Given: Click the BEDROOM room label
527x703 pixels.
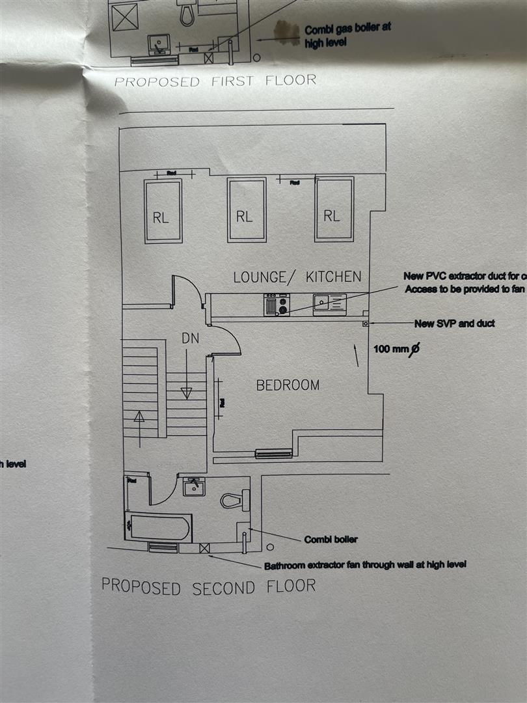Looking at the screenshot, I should click(288, 385).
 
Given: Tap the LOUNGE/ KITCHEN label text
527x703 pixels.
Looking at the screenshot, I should click(297, 277).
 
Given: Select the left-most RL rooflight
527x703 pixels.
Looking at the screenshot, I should click(163, 211).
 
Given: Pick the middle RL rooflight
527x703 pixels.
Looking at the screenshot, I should click(246, 210).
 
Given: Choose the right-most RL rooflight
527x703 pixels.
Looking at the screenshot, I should click(334, 208).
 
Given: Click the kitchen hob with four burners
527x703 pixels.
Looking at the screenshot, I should click(277, 305).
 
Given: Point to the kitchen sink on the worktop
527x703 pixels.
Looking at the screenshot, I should click(329, 303).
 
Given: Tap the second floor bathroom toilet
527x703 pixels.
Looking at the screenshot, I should click(235, 500).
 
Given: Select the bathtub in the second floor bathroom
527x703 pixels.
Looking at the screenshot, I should click(159, 527).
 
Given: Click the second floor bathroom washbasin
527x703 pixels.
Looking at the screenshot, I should click(194, 487).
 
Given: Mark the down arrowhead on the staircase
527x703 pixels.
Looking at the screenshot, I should click(187, 393).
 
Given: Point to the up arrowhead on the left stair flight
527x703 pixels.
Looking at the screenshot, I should click(139, 416).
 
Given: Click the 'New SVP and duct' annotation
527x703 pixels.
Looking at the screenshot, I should click(454, 324).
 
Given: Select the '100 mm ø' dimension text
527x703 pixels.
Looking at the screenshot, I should click(396, 350).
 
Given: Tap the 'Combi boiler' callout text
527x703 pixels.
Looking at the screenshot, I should click(331, 540).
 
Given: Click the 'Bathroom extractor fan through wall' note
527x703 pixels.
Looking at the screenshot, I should click(364, 564).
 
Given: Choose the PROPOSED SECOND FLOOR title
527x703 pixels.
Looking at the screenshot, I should click(208, 586).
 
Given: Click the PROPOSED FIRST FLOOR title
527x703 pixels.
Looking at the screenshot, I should click(215, 81).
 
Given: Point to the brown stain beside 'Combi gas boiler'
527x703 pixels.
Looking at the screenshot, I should click(284, 32).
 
